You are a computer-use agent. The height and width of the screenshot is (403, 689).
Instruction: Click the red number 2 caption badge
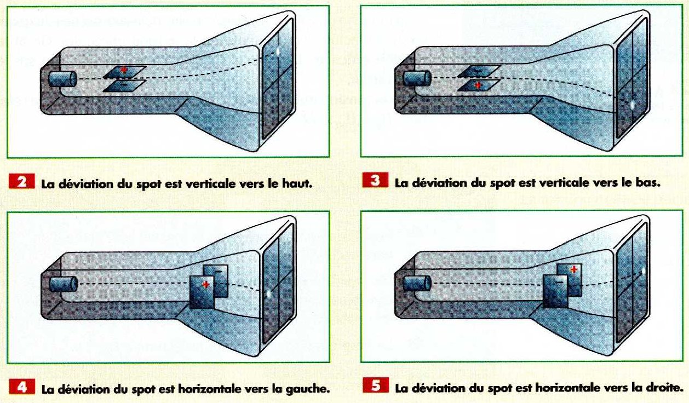(x=22, y=181)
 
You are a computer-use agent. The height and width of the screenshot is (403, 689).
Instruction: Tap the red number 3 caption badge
(x=375, y=180)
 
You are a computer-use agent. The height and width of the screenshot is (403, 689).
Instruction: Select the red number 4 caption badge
(x=22, y=387)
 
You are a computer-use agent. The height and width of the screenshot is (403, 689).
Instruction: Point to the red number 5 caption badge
(x=376, y=385)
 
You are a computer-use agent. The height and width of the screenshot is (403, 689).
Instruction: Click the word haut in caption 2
(x=297, y=183)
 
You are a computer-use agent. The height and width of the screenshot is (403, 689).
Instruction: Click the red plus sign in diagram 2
(x=124, y=70)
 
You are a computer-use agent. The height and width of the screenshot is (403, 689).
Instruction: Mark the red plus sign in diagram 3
(x=478, y=85)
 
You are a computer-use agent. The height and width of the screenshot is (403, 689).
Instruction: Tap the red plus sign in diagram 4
(x=206, y=285)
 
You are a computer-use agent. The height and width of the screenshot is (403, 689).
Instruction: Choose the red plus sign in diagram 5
(x=573, y=270)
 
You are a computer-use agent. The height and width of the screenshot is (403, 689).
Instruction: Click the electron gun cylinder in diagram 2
(x=62, y=79)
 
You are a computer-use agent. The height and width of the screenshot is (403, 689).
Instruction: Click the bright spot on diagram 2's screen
(x=278, y=51)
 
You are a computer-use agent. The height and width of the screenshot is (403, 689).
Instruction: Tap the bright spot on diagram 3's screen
(x=633, y=105)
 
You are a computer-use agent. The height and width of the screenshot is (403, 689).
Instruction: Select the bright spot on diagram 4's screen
(x=268, y=294)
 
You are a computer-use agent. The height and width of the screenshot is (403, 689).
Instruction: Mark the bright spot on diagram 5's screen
(x=643, y=272)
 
